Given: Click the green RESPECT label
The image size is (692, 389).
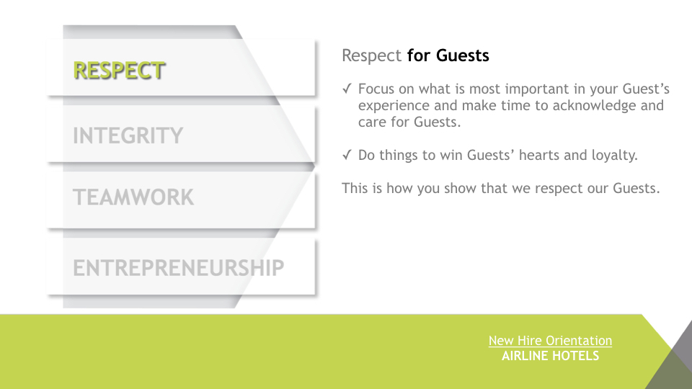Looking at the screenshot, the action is point(119,71).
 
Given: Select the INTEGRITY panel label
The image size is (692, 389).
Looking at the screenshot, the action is point(128,135).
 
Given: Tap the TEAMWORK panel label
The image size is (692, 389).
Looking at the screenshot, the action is point(133,197).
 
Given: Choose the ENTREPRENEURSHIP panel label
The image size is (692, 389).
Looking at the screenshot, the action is point(178,268).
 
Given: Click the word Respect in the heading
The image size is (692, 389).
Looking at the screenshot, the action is point(372,56).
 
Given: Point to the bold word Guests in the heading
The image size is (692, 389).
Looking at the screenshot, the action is point(463,55).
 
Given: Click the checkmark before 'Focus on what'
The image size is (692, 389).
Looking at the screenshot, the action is point(347,89).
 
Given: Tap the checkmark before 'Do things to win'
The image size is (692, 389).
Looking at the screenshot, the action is point(347,155).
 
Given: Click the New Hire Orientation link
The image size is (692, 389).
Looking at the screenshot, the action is point(550,341).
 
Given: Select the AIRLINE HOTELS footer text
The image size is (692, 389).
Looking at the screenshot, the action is point(550,355).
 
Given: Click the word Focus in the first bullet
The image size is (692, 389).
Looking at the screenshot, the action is point(376,89).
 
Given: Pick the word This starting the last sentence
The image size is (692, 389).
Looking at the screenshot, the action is point(355,188).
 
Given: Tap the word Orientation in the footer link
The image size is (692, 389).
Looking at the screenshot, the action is point(579,341).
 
